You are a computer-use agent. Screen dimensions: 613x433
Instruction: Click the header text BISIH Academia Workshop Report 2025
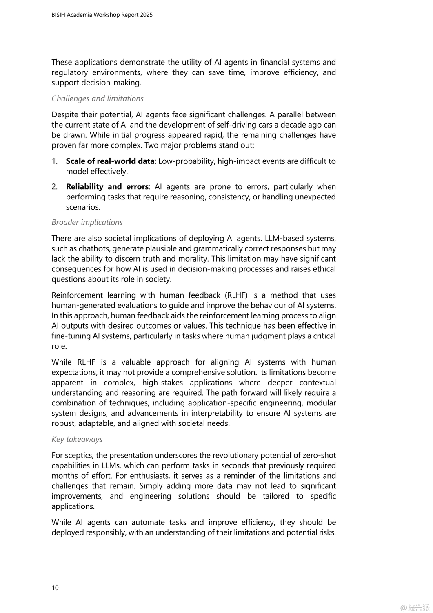102,15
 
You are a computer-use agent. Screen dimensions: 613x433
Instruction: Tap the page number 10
55,588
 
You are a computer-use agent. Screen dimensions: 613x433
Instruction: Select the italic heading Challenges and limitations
98,98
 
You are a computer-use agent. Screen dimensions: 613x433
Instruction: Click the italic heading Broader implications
87,222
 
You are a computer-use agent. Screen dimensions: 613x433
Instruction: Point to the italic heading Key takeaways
77,439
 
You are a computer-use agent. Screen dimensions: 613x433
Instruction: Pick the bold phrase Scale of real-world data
110,161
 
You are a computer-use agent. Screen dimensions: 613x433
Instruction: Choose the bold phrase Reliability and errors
107,187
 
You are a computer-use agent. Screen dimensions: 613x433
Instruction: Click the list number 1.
54,161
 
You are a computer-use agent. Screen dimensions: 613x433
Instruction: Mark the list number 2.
55,187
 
